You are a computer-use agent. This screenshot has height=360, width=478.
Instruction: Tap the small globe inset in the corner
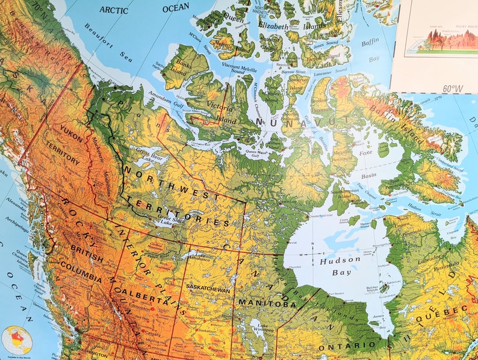tap(16, 340)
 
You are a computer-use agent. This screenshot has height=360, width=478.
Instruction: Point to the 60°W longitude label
tap(453, 88)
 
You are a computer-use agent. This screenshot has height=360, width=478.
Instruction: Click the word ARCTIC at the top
tap(114, 10)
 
